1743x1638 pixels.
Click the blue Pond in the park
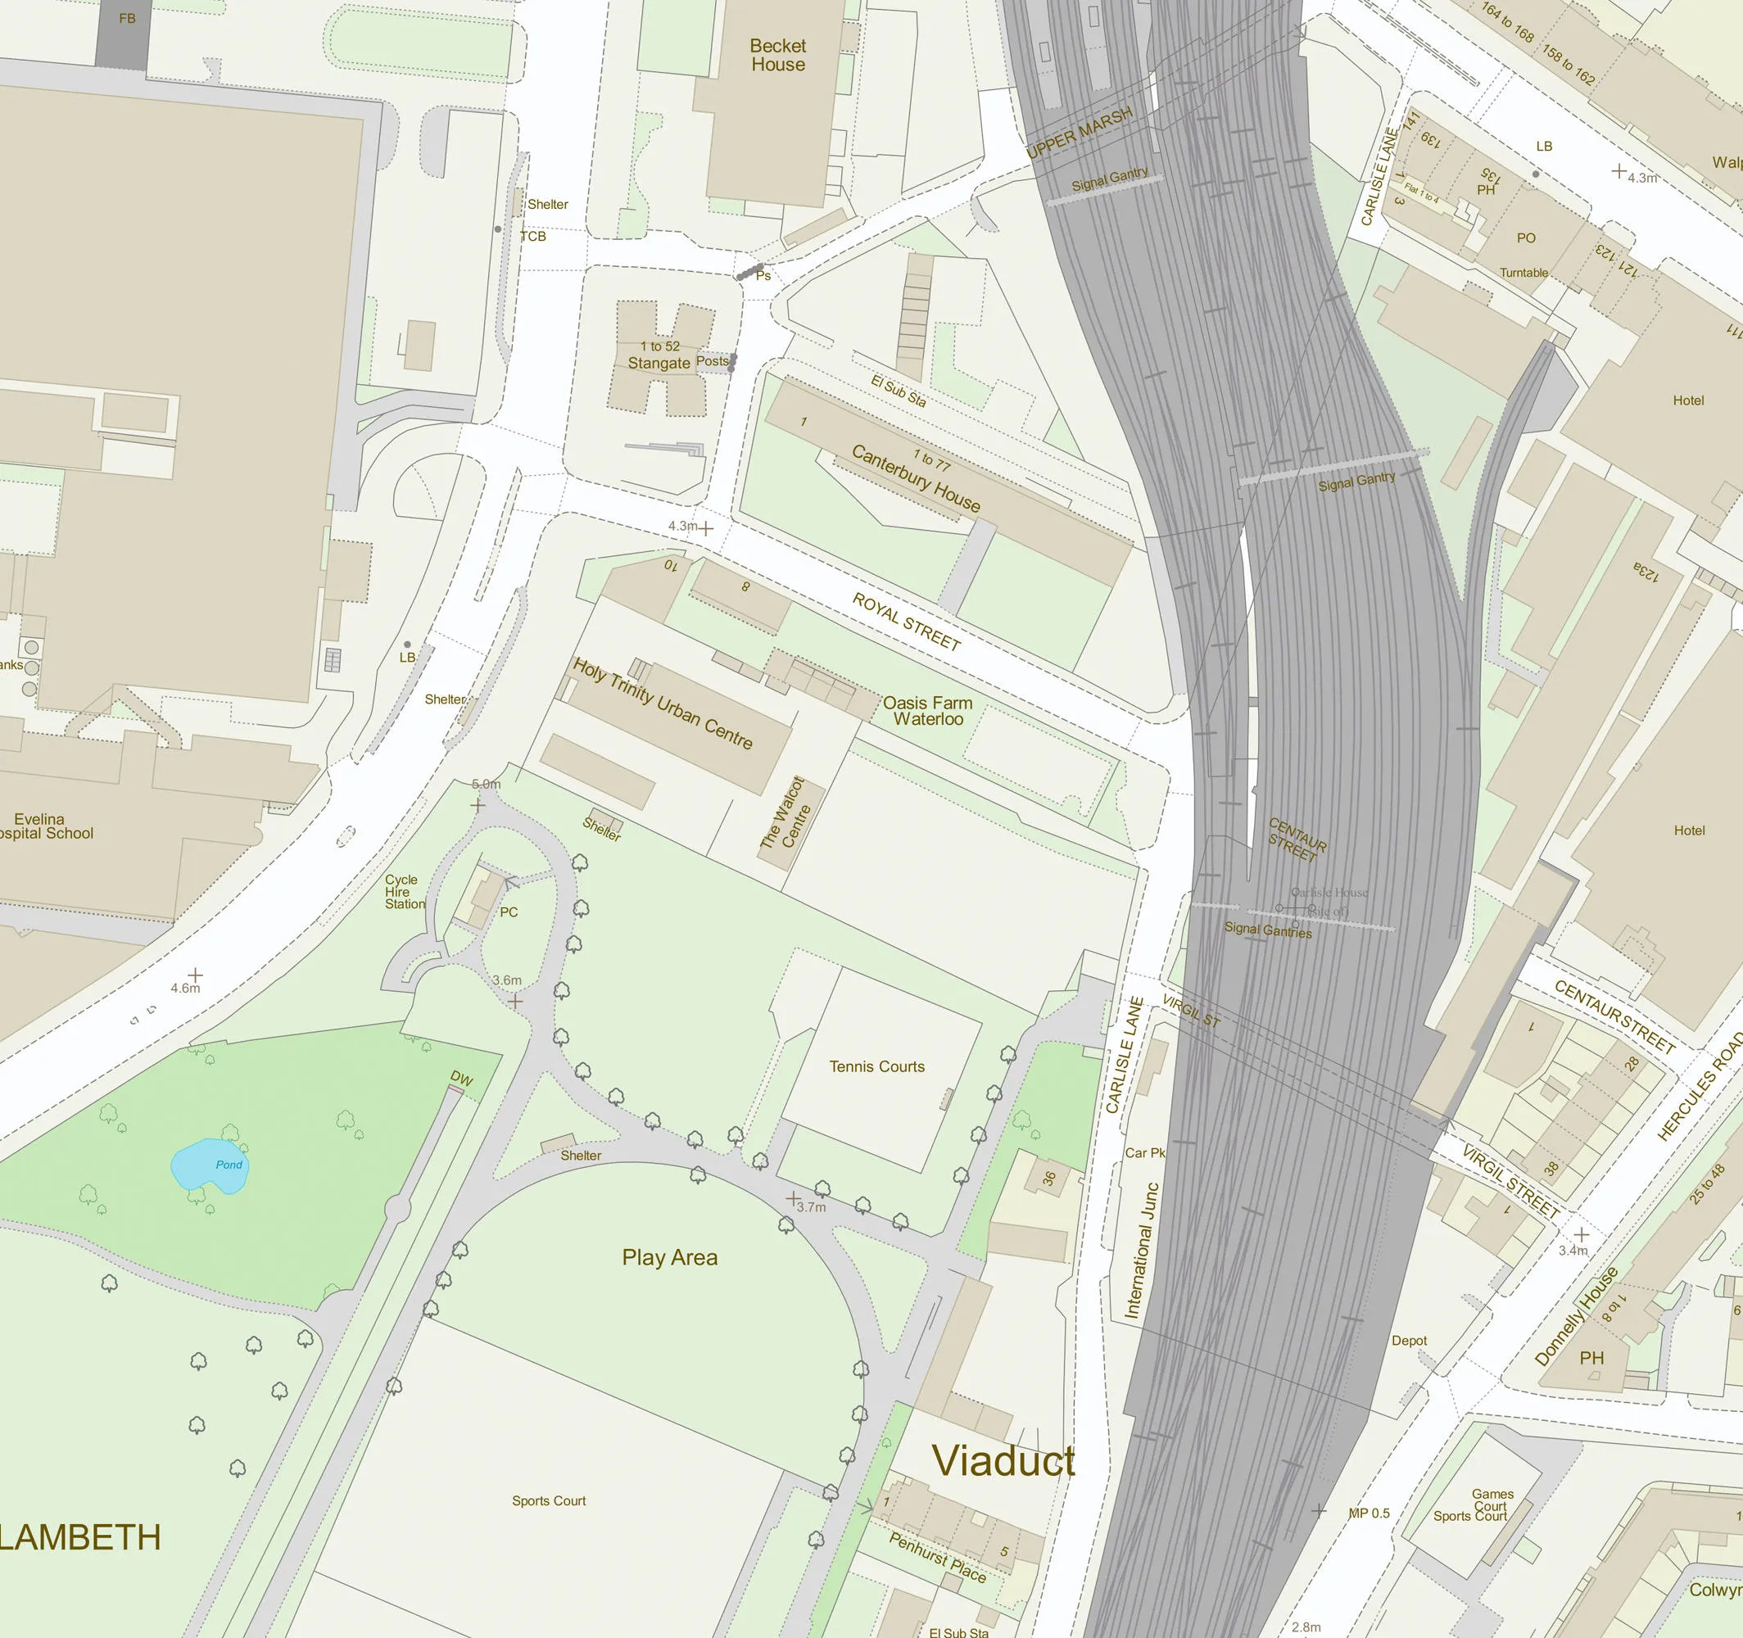[208, 1166]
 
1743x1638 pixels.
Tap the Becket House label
[777, 55]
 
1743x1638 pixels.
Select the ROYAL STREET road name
[907, 621]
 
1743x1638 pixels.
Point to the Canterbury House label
[916, 479]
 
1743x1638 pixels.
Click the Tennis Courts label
[876, 1066]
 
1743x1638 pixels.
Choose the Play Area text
[670, 1257]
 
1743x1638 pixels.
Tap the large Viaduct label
[1003, 1461]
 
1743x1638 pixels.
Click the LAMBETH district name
[80, 1538]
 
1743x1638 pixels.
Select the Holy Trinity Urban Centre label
[663, 704]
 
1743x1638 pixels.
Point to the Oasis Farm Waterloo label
[928, 711]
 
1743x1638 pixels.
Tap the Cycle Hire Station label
[404, 892]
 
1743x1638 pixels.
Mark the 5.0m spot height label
[486, 784]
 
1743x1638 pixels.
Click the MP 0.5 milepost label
[1369, 1514]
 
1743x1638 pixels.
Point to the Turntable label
[1523, 273]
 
